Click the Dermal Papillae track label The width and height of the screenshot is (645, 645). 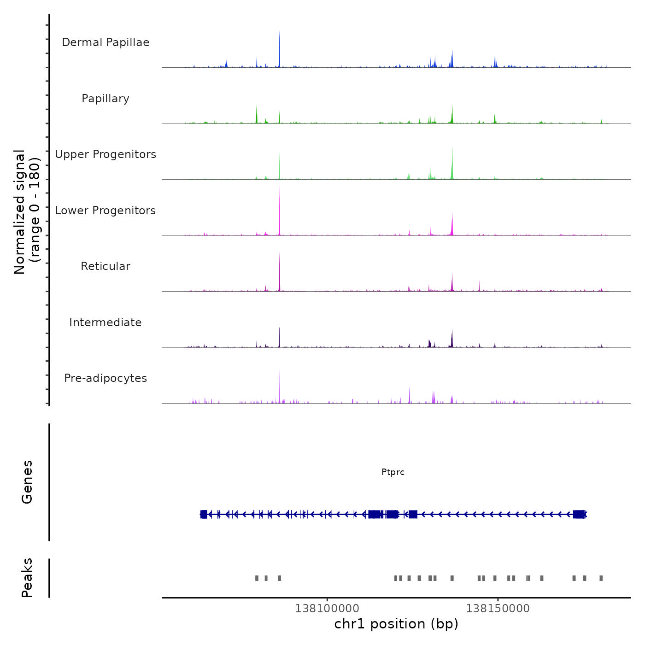click(x=106, y=42)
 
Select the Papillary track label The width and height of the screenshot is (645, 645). click(x=106, y=99)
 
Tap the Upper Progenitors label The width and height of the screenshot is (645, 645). click(x=106, y=154)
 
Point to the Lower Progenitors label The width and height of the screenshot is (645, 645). click(x=106, y=211)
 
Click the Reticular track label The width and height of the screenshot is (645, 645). click(x=106, y=266)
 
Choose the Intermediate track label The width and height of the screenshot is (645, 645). click(x=106, y=322)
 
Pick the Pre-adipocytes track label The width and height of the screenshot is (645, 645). click(x=106, y=378)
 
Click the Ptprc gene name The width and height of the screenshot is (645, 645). click(x=393, y=472)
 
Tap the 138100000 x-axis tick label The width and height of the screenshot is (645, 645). click(x=327, y=609)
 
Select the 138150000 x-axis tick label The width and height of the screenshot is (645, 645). click(x=498, y=609)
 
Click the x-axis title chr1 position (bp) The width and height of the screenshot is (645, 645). click(x=396, y=624)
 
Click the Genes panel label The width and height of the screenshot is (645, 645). click(x=27, y=482)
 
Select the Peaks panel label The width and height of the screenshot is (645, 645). click(x=27, y=578)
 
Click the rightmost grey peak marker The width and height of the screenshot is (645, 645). click(x=601, y=578)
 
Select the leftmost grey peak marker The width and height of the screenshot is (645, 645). click(x=257, y=578)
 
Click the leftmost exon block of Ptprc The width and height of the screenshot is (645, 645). click(x=204, y=514)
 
